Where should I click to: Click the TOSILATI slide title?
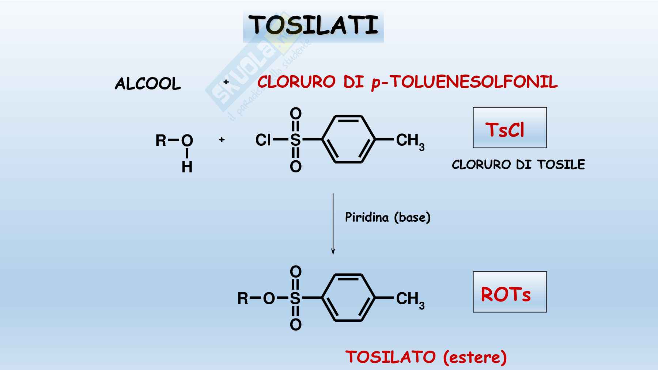[x=313, y=26]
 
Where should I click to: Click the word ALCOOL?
[x=148, y=84]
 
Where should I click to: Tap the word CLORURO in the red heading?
[x=296, y=82]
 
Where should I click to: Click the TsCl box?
[x=510, y=128]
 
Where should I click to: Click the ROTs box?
[x=510, y=292]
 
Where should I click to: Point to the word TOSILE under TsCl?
[x=561, y=165]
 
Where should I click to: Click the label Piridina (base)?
[x=388, y=217]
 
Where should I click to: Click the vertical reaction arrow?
[x=333, y=224]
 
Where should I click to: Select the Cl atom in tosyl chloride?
[x=263, y=140]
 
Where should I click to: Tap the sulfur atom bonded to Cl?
[x=295, y=140]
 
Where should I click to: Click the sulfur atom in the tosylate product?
[x=295, y=298]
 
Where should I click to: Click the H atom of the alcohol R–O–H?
[x=187, y=167]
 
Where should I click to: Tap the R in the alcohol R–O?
[x=161, y=141]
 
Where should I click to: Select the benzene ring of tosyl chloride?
[x=348, y=139]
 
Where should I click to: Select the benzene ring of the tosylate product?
[x=348, y=298]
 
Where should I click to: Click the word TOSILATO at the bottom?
[x=390, y=357]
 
